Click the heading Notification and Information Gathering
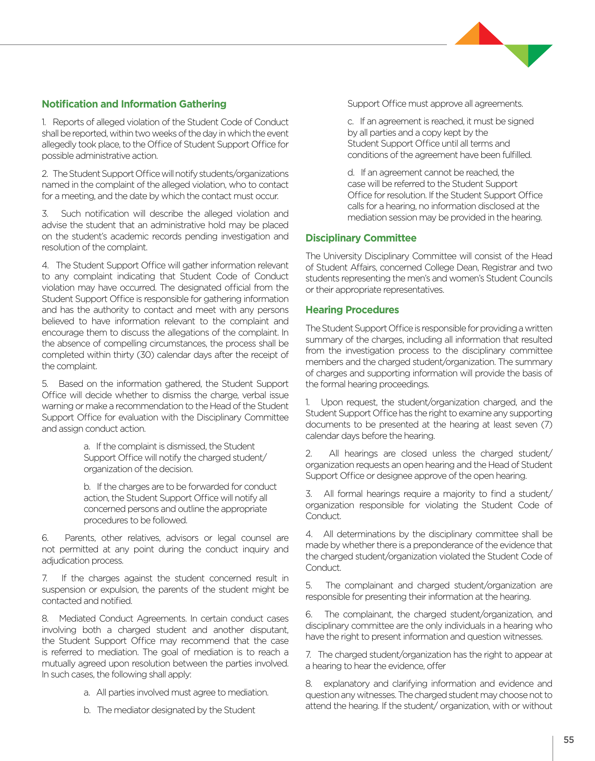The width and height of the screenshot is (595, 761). point(134,104)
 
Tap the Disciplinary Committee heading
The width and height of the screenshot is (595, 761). point(361,238)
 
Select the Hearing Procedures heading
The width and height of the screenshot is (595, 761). point(352,310)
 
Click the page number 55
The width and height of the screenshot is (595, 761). point(569,740)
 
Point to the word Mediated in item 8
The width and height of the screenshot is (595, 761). point(77,619)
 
